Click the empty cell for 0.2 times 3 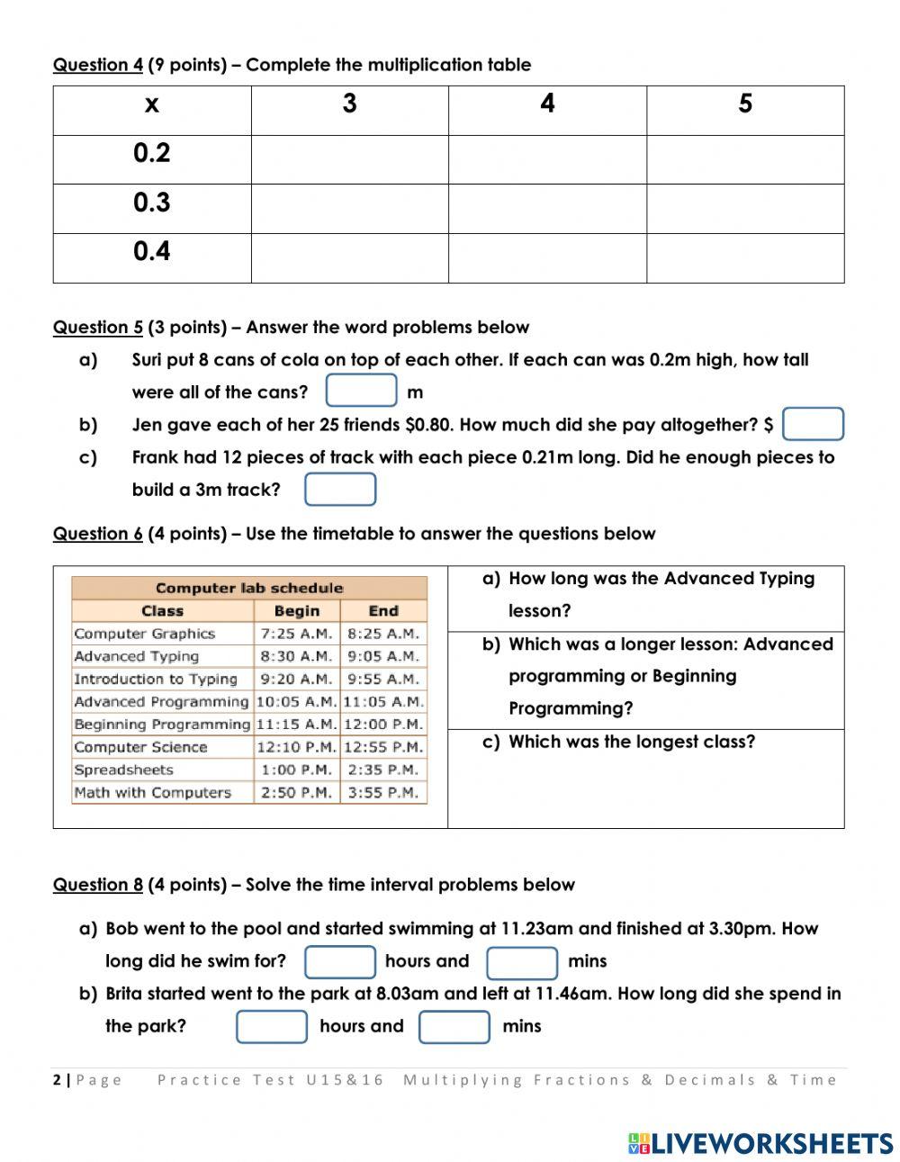click(349, 160)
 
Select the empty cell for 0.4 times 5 click(745, 258)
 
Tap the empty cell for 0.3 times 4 click(547, 209)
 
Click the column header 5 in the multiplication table click(745, 104)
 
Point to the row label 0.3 click(151, 203)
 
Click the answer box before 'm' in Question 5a click(362, 391)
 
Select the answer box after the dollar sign click(813, 424)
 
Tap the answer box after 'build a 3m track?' click(340, 490)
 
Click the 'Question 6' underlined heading click(97, 534)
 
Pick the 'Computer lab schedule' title click(249, 588)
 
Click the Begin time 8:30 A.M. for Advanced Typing click(296, 656)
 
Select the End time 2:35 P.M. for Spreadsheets click(383, 770)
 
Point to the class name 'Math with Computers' click(153, 792)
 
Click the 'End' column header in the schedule click(383, 610)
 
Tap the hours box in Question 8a click(340, 961)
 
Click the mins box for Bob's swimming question click(522, 962)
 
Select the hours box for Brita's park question click(272, 1027)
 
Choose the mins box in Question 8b click(454, 1027)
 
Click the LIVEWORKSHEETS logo click(760, 1143)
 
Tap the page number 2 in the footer click(57, 1080)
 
